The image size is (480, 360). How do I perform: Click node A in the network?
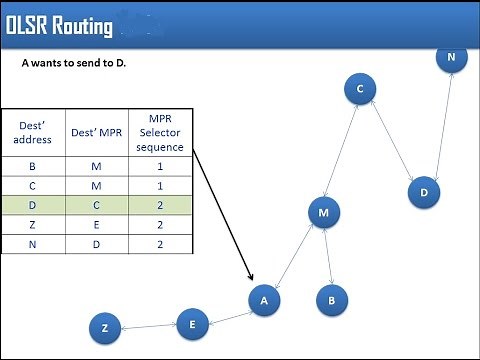pos(264,300)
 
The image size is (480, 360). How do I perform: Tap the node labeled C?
pos(358,90)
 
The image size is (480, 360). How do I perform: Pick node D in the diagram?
pos(424,192)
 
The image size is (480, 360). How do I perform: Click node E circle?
pos(192,322)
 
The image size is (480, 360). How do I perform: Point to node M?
pos(323,213)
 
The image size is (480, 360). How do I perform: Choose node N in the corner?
pos(451,58)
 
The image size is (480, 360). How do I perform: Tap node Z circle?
pos(104,328)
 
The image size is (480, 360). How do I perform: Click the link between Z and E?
pos(148,325)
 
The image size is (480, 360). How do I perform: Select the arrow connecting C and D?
pos(391,141)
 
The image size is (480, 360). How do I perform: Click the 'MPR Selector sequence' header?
pos(161,133)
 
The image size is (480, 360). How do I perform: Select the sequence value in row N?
pos(161,244)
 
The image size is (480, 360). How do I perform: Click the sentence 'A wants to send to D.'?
pos(75,63)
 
